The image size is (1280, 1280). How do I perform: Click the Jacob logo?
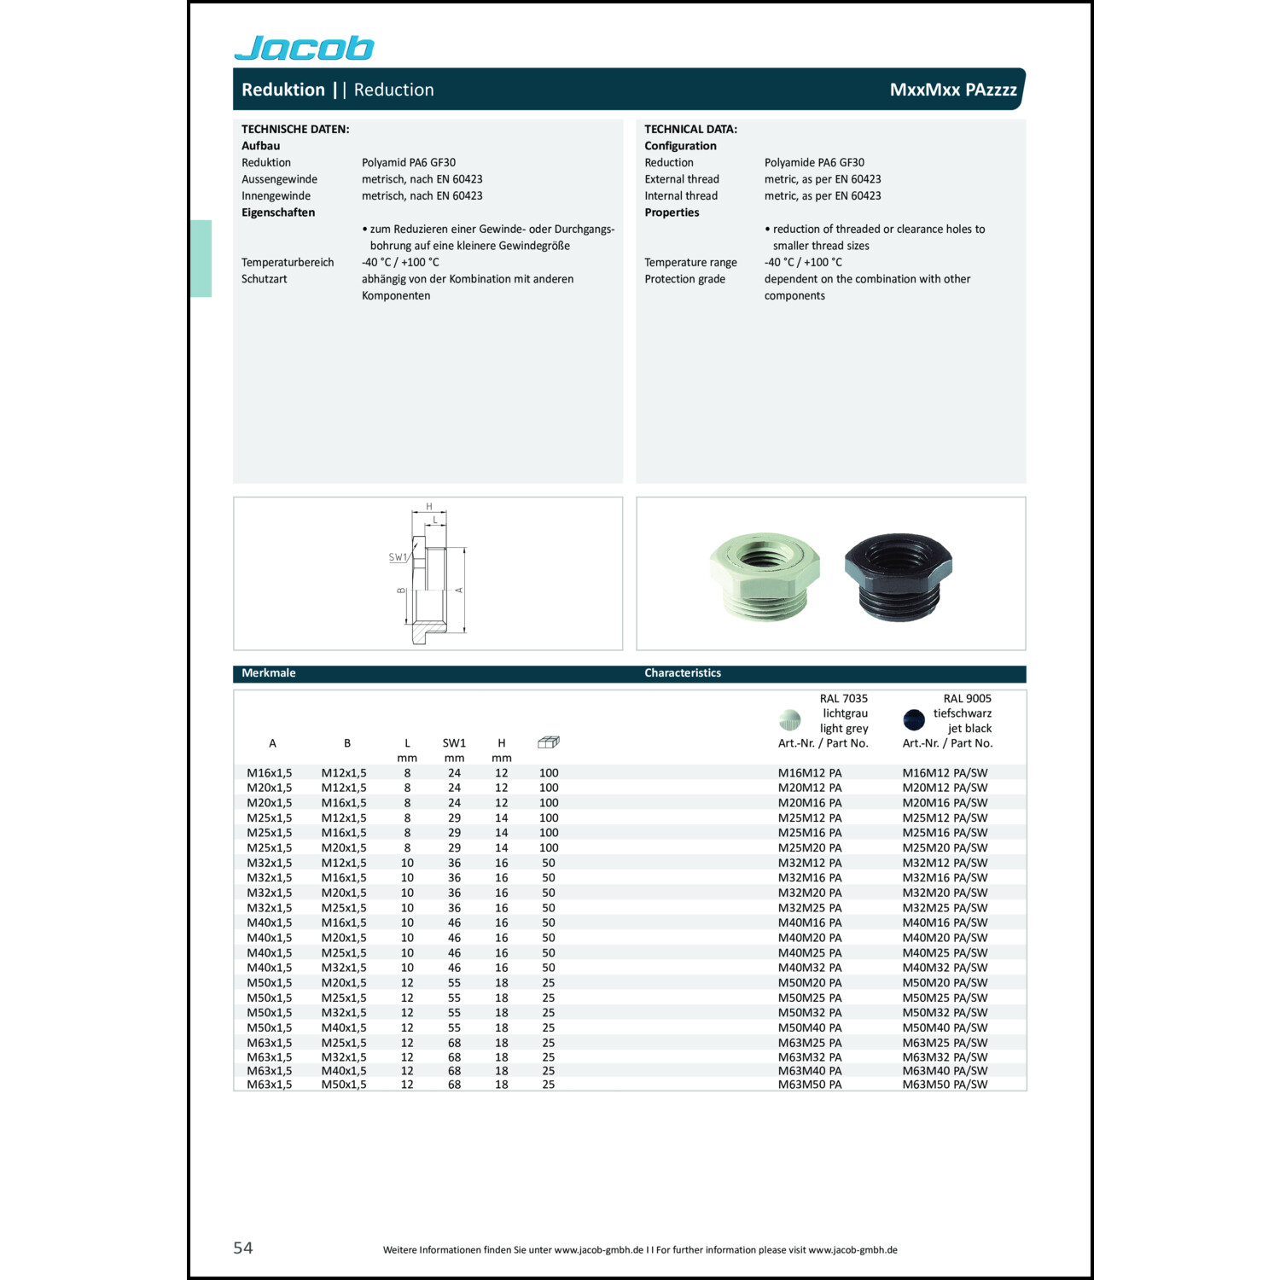(304, 48)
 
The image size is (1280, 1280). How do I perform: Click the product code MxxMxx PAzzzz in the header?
(952, 90)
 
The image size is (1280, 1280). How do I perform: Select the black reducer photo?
(898, 574)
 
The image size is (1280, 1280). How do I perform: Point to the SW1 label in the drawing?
(398, 557)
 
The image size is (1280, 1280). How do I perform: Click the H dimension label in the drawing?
(429, 507)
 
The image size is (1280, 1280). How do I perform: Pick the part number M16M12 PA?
(809, 773)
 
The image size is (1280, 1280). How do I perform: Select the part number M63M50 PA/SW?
(945, 1085)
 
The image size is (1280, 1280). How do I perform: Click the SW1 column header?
(454, 743)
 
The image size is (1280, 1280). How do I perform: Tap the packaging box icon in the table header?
(548, 742)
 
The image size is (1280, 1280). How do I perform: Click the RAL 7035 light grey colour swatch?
(790, 720)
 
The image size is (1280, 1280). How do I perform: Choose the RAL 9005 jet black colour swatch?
(914, 720)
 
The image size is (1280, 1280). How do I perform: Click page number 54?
(243, 1248)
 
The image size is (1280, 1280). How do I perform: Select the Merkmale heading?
(269, 673)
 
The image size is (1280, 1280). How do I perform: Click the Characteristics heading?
(683, 673)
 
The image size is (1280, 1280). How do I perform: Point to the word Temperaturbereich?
(288, 263)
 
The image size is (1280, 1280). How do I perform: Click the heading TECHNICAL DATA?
(690, 130)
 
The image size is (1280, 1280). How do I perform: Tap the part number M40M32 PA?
(809, 968)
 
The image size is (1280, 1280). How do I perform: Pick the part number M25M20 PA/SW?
(945, 848)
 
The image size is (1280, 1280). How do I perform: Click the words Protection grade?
(684, 279)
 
